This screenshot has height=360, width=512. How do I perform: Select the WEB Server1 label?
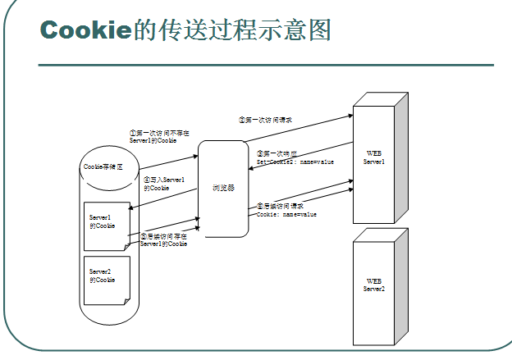pos(374,157)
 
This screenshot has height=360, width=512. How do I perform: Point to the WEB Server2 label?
pos(374,285)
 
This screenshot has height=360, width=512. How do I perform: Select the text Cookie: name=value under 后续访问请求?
pos(286,214)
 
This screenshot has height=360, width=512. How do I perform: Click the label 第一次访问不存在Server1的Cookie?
pos(159,136)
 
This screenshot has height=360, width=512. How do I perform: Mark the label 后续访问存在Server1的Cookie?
pos(163,239)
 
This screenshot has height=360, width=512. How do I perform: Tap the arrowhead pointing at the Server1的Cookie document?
pos(130,210)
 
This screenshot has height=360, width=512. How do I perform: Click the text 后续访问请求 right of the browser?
pos(281,206)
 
